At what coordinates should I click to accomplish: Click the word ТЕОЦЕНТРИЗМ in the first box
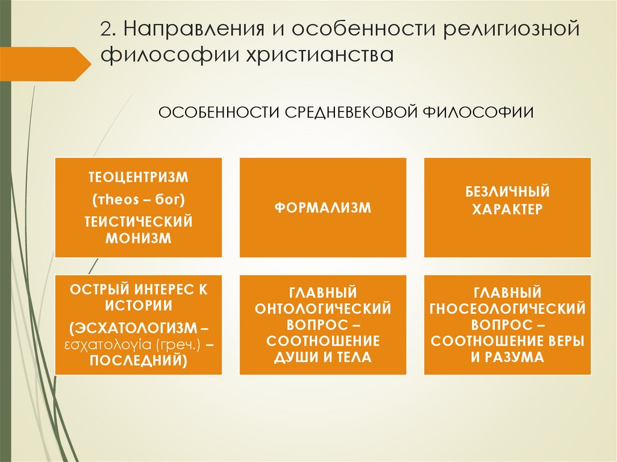[139, 178]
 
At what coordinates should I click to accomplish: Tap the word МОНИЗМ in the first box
[139, 237]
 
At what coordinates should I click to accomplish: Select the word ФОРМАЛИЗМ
[323, 208]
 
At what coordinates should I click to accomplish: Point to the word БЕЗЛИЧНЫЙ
[507, 193]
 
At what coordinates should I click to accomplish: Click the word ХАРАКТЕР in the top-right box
[507, 209]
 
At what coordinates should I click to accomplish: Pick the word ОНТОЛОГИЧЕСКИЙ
[323, 308]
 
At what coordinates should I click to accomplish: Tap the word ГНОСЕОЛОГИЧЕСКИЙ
[507, 308]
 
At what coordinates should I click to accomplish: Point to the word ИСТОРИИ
[139, 305]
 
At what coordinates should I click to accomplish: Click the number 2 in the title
[106, 31]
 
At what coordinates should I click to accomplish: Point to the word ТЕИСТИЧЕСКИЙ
[139, 222]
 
